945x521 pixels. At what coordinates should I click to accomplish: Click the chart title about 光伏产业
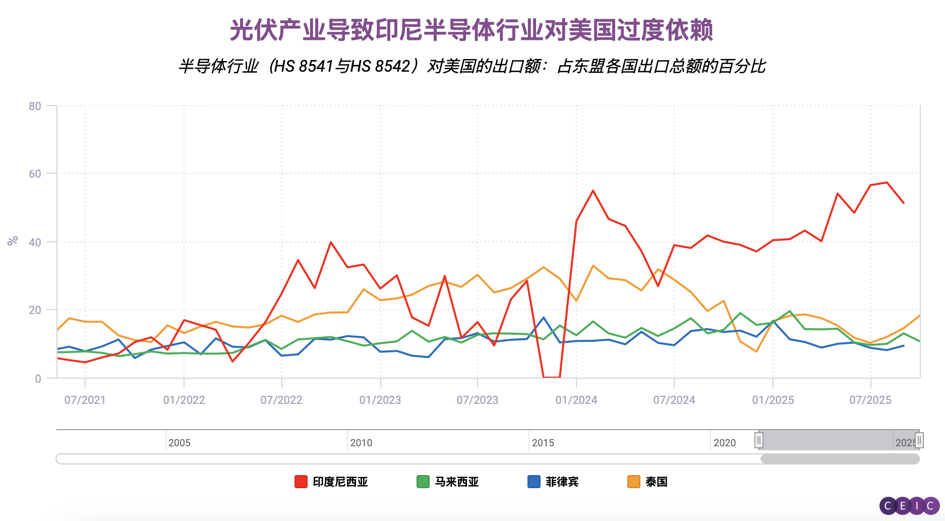click(x=471, y=30)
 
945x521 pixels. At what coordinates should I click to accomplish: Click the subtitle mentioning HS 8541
click(x=471, y=66)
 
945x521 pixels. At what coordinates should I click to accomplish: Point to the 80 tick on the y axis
click(x=35, y=106)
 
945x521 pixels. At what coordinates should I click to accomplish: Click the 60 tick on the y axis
click(x=35, y=174)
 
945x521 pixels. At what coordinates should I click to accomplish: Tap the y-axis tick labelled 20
click(x=35, y=310)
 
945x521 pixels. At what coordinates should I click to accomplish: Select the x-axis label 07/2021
click(x=85, y=400)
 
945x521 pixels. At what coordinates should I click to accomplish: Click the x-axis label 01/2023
click(x=380, y=400)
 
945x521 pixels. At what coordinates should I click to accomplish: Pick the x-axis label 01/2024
click(x=576, y=400)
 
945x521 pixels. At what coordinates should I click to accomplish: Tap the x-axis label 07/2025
click(x=870, y=400)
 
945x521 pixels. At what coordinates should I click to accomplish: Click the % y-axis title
click(x=13, y=240)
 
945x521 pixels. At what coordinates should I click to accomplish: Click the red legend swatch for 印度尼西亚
click(x=301, y=482)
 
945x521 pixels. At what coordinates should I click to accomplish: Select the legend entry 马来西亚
click(x=456, y=482)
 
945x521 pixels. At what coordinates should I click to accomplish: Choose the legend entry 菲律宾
click(x=562, y=482)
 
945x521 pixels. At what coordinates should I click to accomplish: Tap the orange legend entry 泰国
click(x=656, y=482)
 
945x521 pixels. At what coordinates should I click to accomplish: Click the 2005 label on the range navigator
click(x=180, y=443)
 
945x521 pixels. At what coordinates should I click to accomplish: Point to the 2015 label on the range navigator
click(x=543, y=443)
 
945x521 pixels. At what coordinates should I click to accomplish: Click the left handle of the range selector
click(x=759, y=440)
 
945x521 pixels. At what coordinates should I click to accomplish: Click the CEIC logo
click(x=909, y=505)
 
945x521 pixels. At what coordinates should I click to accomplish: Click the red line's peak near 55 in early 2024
click(x=593, y=191)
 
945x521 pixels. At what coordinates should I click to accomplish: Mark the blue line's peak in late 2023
click(x=544, y=318)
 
